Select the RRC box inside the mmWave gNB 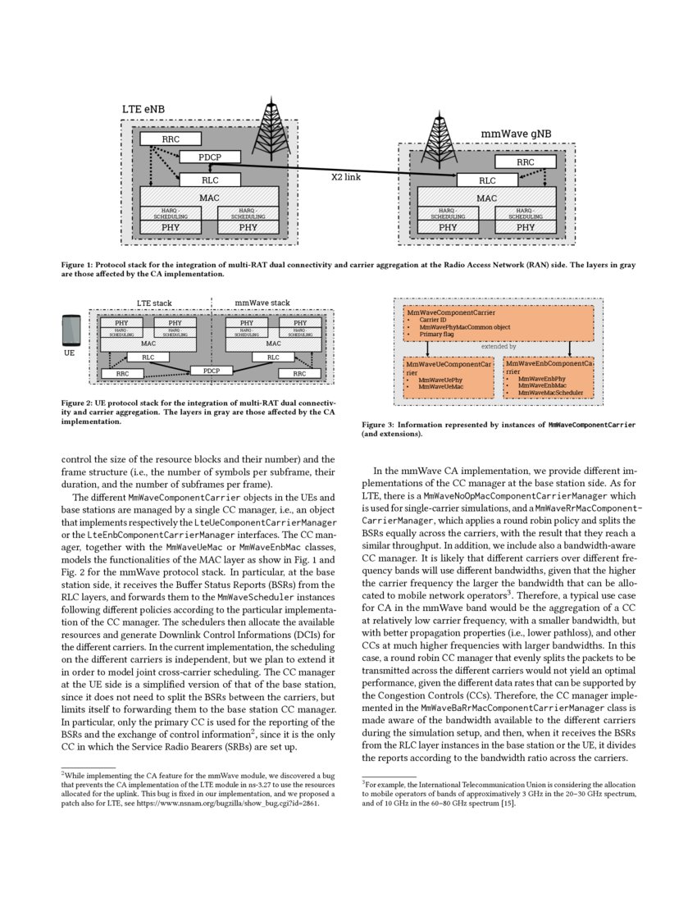[526, 162]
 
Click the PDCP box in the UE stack [212, 370]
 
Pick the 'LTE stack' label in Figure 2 [154, 303]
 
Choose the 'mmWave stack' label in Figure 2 [262, 303]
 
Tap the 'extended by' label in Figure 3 [498, 347]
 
